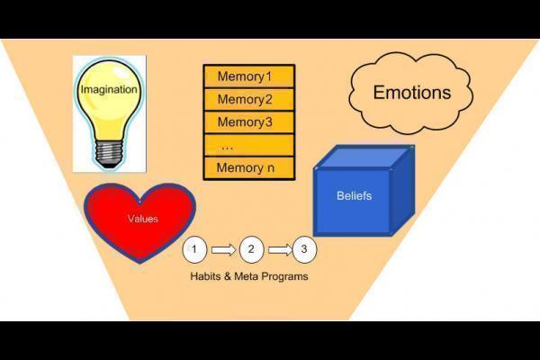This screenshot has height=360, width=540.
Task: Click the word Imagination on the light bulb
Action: pyautogui.click(x=109, y=90)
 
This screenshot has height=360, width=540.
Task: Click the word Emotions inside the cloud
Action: pyautogui.click(x=411, y=92)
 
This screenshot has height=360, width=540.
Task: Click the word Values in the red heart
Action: pyautogui.click(x=142, y=218)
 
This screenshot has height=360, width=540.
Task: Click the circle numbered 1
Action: pyautogui.click(x=195, y=249)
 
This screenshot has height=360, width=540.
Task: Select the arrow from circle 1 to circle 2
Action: pyautogui.click(x=223, y=249)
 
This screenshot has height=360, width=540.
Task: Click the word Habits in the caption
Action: pyautogui.click(x=206, y=276)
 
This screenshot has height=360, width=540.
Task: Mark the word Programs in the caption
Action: pyautogui.click(x=284, y=276)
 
